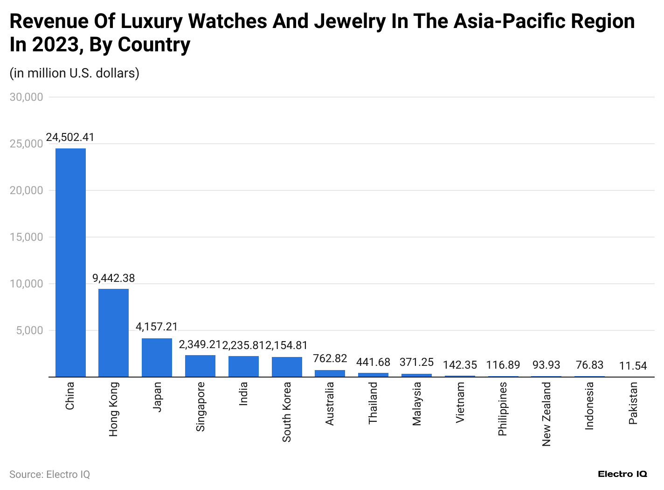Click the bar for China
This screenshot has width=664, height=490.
70,262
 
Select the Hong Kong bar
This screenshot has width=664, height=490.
113,333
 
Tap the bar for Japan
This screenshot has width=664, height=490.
157,357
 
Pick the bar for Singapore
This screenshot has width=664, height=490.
200,366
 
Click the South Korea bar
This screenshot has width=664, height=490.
287,367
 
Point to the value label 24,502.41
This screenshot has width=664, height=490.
70,137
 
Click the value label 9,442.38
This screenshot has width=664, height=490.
113,278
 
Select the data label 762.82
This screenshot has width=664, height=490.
330,358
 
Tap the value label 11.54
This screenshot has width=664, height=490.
633,365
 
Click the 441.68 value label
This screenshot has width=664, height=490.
373,362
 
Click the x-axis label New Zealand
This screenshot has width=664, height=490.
546,414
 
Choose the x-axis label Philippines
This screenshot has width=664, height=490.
503,409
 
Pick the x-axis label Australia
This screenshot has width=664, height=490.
330,404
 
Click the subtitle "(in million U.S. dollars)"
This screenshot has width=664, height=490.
75,73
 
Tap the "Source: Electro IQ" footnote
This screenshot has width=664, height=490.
49,475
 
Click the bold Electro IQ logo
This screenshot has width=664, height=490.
622,474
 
